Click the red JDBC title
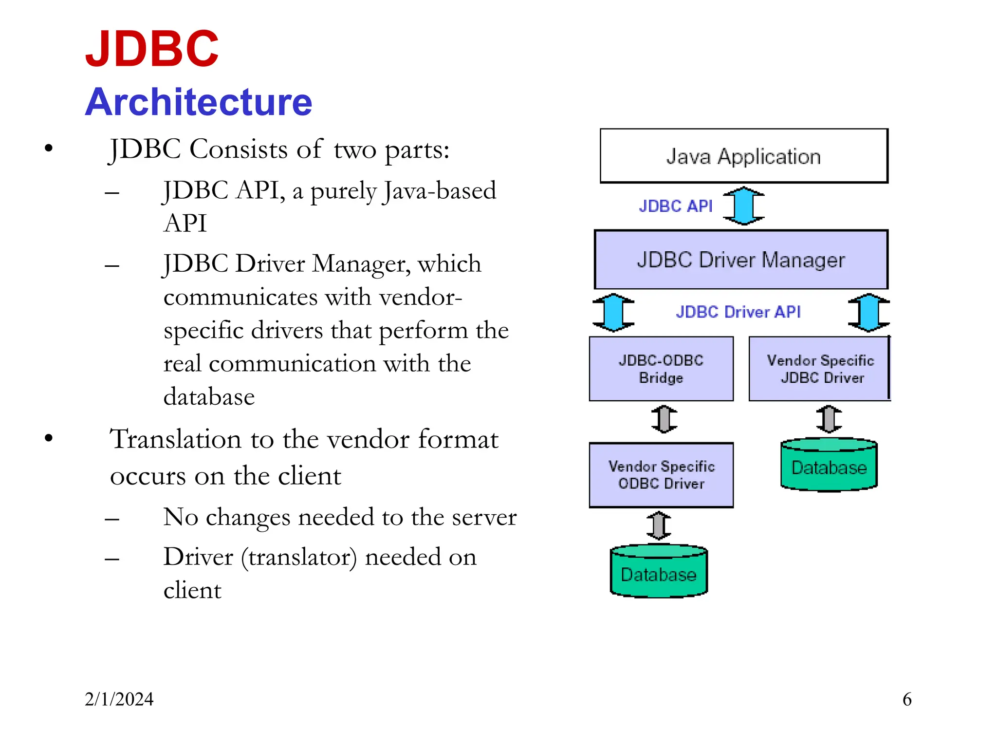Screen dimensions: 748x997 [x=152, y=49]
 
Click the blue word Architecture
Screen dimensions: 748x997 [x=199, y=102]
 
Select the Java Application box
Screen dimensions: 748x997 [x=743, y=156]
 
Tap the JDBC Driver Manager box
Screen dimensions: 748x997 [x=740, y=260]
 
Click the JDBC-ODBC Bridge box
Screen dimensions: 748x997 [x=661, y=369]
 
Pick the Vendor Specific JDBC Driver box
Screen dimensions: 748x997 [x=820, y=369]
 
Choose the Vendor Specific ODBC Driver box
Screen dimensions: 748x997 [x=661, y=475]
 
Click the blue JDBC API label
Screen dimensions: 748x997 [x=675, y=206]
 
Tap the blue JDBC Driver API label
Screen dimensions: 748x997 [x=738, y=312]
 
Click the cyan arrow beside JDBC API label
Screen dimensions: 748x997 [x=743, y=206]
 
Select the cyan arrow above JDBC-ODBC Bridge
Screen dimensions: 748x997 [x=613, y=312]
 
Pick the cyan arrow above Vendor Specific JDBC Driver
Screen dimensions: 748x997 [x=869, y=312]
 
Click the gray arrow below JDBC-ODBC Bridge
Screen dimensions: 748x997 [x=664, y=419]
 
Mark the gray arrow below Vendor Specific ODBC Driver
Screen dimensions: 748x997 [x=659, y=525]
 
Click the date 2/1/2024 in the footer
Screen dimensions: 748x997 [x=119, y=699]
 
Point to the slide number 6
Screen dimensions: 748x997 [x=907, y=699]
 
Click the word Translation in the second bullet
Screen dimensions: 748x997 [x=175, y=439]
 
